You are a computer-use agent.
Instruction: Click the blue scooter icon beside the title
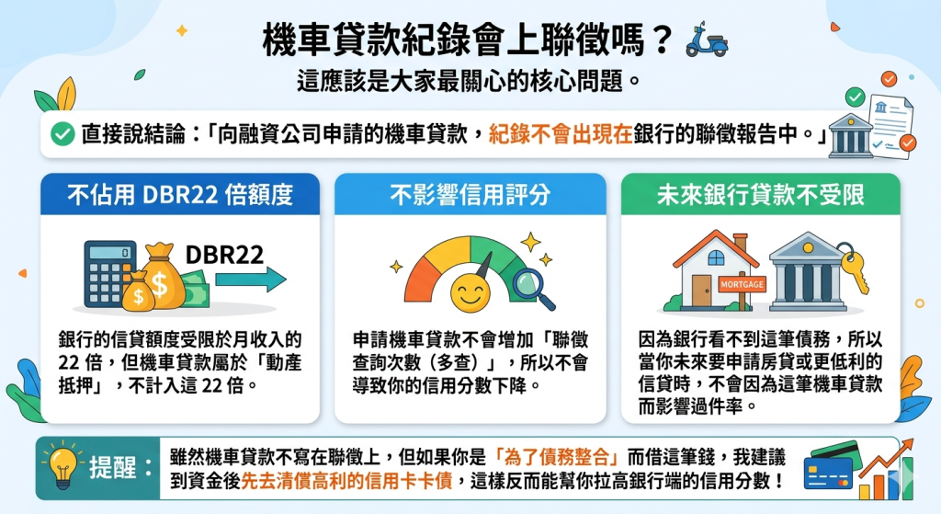point(707,40)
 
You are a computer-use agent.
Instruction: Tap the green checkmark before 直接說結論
point(62,134)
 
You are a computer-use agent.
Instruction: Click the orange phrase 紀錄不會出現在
point(561,134)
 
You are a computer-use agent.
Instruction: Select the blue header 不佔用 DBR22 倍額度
point(180,195)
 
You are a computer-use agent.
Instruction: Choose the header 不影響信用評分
point(470,195)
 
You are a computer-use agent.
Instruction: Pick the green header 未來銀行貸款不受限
point(760,195)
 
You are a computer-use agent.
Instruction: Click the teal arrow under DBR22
point(251,280)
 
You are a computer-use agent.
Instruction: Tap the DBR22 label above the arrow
point(224,255)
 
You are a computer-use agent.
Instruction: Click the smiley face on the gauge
point(470,293)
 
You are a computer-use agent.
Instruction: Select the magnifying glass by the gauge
point(533,289)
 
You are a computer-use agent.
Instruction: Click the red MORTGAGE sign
point(743,284)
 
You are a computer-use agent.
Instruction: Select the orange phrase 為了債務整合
point(556,457)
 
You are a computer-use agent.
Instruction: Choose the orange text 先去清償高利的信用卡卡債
point(346,481)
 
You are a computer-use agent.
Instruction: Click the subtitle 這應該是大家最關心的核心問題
point(460,81)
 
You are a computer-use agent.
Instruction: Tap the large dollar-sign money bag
point(162,276)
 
